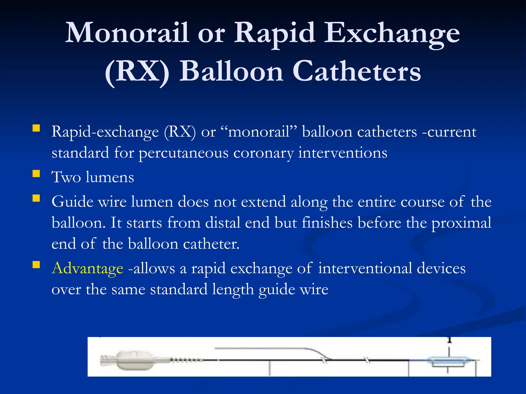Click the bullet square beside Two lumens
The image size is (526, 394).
pos(36,174)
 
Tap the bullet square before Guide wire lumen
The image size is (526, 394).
pos(36,198)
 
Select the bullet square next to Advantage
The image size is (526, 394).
pos(36,265)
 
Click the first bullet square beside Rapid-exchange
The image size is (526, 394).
pos(36,128)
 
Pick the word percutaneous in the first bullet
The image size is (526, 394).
pos(183,153)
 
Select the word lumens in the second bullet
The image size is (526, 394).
pos(110,177)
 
